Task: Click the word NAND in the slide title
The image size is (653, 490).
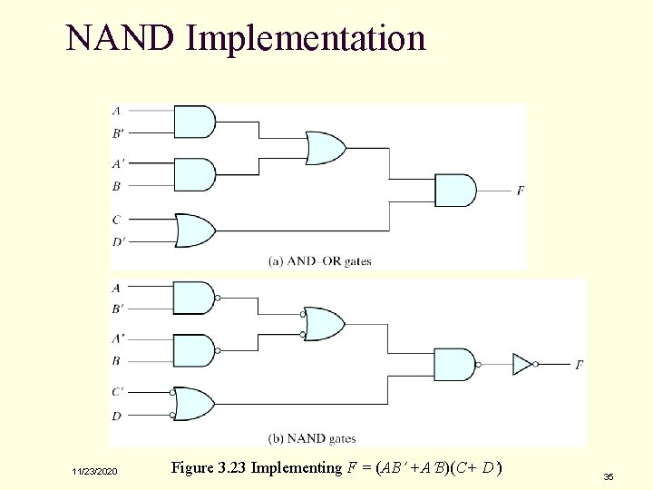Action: coord(120,38)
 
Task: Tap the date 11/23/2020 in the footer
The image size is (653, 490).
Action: coord(94,472)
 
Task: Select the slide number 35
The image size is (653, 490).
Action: coord(608,475)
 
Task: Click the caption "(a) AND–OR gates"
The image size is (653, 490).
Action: coord(320,261)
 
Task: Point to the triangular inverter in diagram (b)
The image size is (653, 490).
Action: coord(521,364)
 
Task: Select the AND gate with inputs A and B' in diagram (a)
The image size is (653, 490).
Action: coord(193,122)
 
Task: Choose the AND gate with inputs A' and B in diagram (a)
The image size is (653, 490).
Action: coord(193,174)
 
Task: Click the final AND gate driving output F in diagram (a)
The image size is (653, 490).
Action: coord(453,191)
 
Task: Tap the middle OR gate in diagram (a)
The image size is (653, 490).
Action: coord(325,147)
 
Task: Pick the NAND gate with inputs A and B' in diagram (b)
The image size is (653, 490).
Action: coord(193,298)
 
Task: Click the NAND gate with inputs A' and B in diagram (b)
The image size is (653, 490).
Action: coord(193,349)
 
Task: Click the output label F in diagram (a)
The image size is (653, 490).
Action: coord(520,191)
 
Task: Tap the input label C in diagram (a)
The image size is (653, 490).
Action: coord(116,220)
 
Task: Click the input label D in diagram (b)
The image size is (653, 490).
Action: coord(116,415)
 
